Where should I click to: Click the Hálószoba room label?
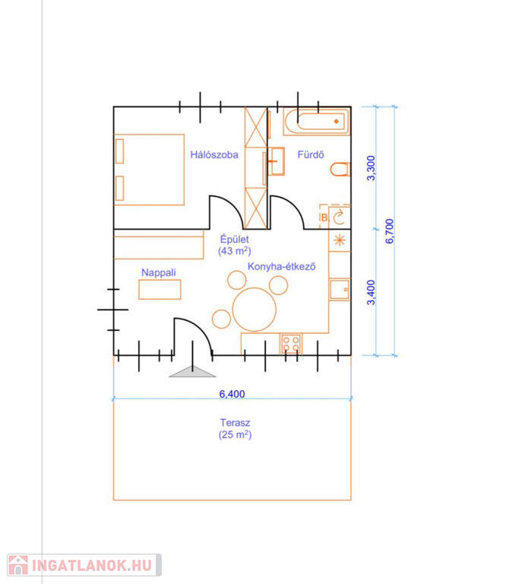tap(214, 154)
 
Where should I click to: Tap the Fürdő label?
tap(311, 154)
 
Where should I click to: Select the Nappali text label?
tap(159, 273)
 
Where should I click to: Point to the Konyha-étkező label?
tap(282, 267)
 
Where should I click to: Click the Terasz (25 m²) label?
tap(235, 429)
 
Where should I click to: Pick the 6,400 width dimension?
tap(232, 394)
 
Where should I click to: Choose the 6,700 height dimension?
tap(389, 231)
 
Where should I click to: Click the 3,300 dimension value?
tap(371, 168)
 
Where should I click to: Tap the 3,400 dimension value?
tap(371, 292)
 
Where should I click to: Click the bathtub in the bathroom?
tap(316, 121)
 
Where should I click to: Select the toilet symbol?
tap(340, 169)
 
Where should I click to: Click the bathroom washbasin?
tap(276, 161)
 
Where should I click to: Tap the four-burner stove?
tap(291, 344)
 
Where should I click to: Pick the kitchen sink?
tap(340, 290)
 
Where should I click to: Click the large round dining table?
tap(254, 309)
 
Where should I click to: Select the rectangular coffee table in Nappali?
tap(160, 290)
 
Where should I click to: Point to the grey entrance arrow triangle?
tap(192, 372)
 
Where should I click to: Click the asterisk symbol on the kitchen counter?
tap(340, 240)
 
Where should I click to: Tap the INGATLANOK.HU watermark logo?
tap(84, 565)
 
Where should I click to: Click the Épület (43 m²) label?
tap(235, 245)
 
